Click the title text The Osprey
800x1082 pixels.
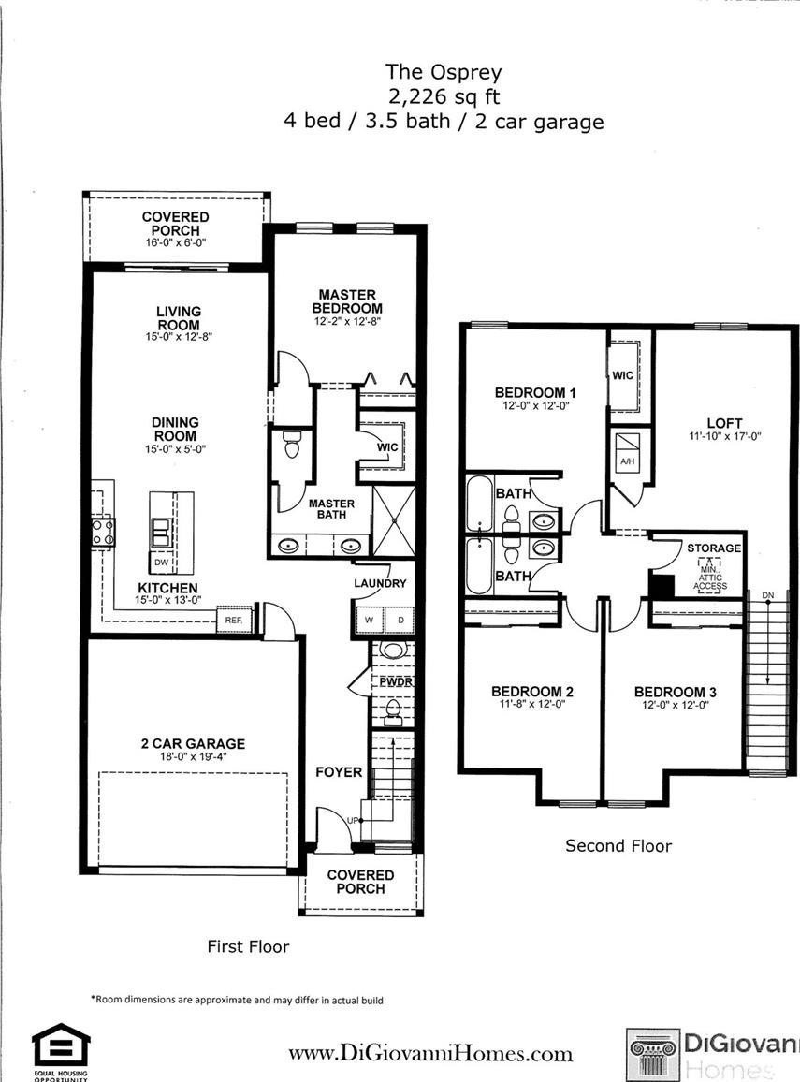click(x=444, y=72)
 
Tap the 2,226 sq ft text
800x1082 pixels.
click(x=444, y=96)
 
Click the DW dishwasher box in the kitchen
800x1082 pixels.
click(x=161, y=563)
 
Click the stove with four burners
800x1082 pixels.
click(x=104, y=533)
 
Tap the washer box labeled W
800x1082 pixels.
click(x=369, y=621)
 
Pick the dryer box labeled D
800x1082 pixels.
click(x=400, y=621)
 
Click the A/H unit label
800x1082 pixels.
click(x=628, y=461)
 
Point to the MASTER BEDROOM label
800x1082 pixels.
click(x=347, y=301)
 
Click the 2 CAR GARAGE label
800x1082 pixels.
click(x=193, y=744)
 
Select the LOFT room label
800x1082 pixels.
click(x=724, y=423)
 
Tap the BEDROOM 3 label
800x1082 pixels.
click(x=676, y=692)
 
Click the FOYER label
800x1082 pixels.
click(x=339, y=772)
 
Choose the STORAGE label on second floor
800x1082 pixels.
click(x=714, y=548)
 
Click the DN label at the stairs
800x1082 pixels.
click(x=768, y=595)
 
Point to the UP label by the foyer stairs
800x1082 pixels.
click(x=353, y=821)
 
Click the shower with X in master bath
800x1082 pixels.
click(x=394, y=521)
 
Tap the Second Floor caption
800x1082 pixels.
click(x=618, y=846)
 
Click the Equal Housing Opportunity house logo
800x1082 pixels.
click(x=61, y=1046)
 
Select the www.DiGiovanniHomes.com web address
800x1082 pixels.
click(x=430, y=1054)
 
